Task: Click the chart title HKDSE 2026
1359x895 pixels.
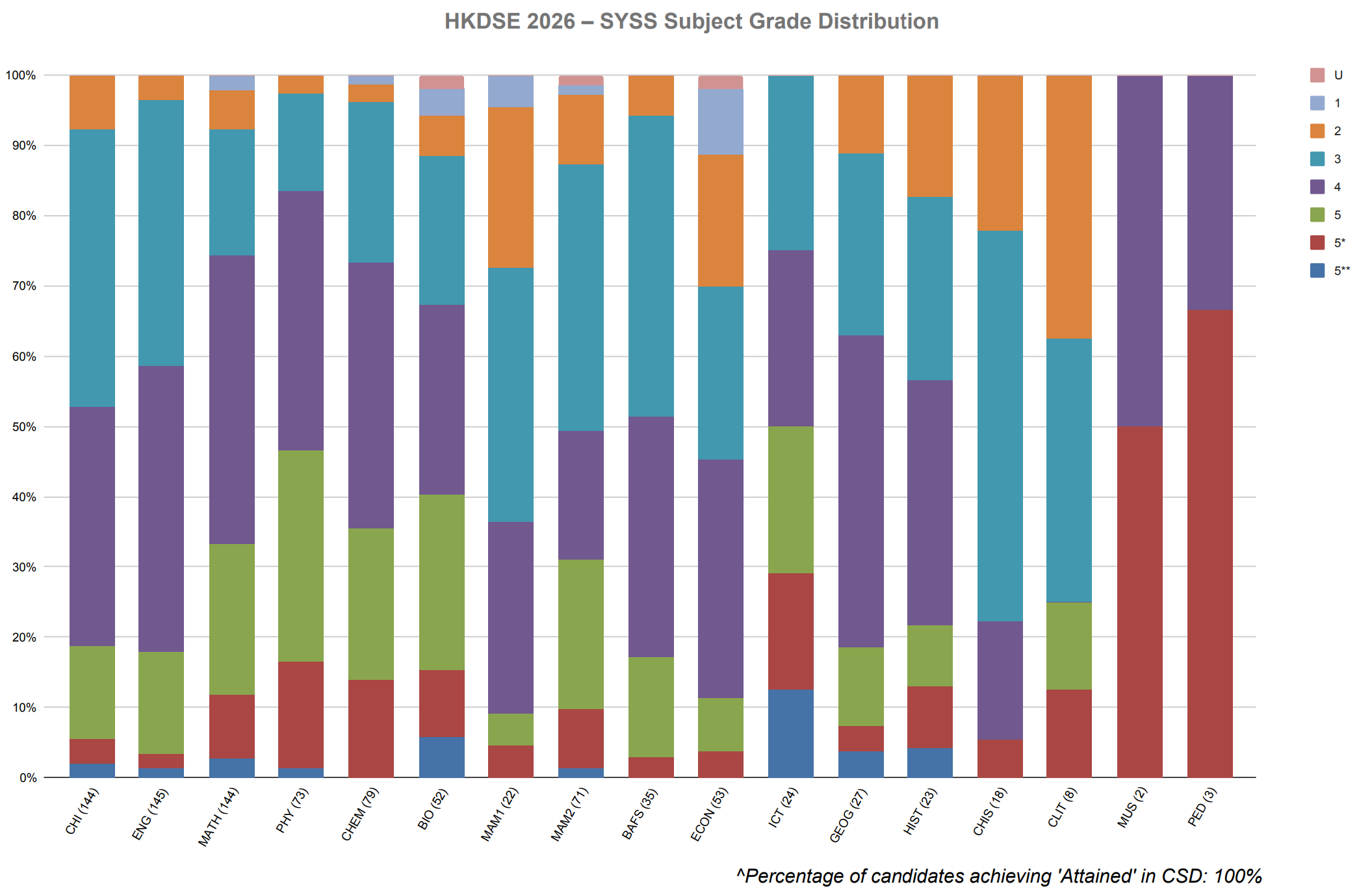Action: [x=510, y=21]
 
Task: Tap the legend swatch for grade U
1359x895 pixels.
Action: [x=1317, y=75]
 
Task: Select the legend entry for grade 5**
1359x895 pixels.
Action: [x=1330, y=270]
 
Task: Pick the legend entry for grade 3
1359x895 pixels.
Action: [x=1325, y=159]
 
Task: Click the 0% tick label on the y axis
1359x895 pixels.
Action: [x=27, y=777]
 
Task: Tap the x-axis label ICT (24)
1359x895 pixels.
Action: [x=784, y=807]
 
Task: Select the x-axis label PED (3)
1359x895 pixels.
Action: [x=1202, y=807]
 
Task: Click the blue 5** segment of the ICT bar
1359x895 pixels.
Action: [x=790, y=733]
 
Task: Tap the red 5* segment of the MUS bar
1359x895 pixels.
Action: [x=1140, y=602]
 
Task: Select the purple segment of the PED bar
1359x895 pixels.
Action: [x=1210, y=193]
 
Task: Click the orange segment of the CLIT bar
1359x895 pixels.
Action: [x=1069, y=207]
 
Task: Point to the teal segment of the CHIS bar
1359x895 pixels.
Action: [x=1000, y=426]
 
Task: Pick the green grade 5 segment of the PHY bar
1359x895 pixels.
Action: [x=301, y=556]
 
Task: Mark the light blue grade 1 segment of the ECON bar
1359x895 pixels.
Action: [x=721, y=122]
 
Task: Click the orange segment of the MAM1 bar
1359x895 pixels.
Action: [x=511, y=187]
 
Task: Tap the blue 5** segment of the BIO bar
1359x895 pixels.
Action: [x=442, y=757]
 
